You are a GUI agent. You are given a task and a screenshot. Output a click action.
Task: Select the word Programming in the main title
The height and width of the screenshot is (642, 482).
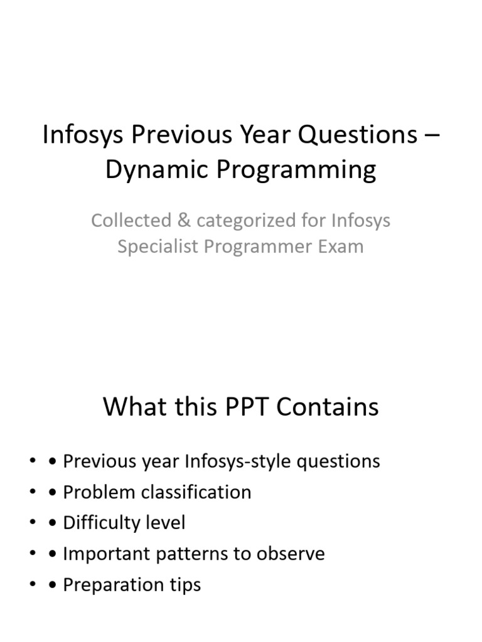(296, 169)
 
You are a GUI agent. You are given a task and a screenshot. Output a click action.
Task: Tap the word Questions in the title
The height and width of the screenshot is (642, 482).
(357, 134)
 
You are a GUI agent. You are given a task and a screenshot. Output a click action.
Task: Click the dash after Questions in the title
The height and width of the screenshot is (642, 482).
(432, 135)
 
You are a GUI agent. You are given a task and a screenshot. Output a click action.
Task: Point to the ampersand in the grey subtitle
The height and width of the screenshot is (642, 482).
(184, 220)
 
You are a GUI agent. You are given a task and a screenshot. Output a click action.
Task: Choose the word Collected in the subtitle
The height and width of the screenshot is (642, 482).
(131, 220)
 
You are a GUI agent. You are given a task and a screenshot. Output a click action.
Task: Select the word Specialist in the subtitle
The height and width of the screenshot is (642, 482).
(158, 246)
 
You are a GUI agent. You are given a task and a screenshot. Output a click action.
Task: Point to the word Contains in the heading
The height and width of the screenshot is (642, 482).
(328, 407)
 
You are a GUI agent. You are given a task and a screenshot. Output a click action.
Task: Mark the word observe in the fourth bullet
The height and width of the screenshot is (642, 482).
(291, 554)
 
